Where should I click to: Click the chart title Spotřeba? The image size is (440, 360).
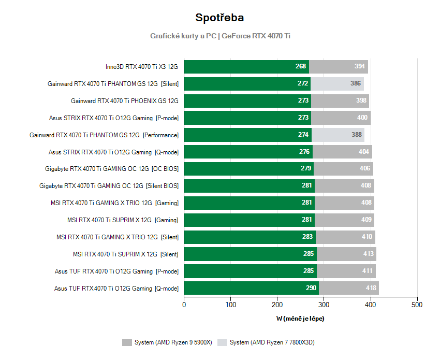tap(219, 18)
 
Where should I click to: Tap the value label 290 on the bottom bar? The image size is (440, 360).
tap(311, 289)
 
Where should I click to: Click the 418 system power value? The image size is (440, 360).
tap(371, 289)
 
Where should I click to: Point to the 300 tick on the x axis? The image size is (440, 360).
tap(324, 305)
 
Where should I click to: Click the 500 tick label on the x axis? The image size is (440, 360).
tap(417, 305)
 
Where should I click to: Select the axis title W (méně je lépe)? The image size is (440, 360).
tap(300, 319)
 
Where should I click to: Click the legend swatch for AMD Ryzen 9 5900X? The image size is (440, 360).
tap(127, 342)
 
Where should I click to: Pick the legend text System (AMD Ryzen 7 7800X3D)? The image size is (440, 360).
tap(272, 342)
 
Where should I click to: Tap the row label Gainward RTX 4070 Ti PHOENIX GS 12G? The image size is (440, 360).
tap(124, 101)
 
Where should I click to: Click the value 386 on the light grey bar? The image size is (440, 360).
tap(356, 83)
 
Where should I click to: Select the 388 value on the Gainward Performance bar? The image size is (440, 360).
tap(357, 135)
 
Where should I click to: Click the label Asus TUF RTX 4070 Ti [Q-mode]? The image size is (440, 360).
tap(116, 289)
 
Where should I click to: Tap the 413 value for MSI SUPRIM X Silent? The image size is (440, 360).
tap(369, 254)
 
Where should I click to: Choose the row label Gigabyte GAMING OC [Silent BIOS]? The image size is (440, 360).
tap(109, 186)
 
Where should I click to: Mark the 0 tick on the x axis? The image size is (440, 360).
tap(184, 305)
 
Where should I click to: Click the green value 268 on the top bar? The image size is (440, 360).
tap(301, 66)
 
